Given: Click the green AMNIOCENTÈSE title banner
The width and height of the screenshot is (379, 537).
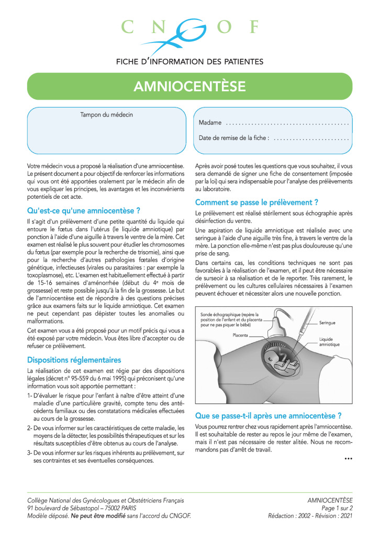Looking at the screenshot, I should click(x=189, y=86).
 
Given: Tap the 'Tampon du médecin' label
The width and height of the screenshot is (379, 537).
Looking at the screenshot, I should click(x=106, y=114).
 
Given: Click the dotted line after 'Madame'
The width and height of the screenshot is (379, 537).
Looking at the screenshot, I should click(x=287, y=123).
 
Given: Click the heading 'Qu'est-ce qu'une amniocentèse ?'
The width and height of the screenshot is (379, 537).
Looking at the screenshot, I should click(x=84, y=211).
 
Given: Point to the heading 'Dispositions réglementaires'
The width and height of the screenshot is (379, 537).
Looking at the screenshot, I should click(x=74, y=360).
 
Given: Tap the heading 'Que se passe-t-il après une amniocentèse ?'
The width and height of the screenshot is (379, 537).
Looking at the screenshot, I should click(x=269, y=416).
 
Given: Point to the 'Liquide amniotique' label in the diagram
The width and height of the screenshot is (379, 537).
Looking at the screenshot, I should click(x=329, y=342).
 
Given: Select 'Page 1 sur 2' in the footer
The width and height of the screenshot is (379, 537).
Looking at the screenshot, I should click(x=337, y=508).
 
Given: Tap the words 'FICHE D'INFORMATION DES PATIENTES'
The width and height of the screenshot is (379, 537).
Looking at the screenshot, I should click(x=189, y=61).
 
